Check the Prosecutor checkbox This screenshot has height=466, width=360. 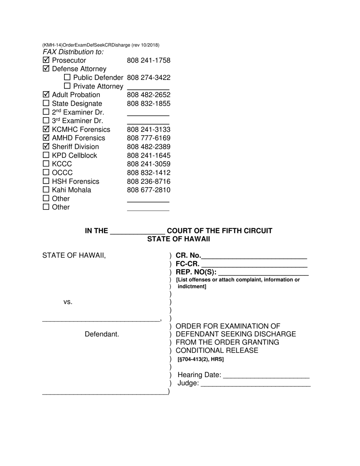(x=46, y=60)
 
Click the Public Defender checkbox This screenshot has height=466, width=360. (x=67, y=78)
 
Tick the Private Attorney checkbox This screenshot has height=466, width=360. (x=67, y=86)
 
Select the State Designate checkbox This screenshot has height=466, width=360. (x=46, y=103)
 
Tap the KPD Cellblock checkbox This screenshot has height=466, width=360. (x=46, y=155)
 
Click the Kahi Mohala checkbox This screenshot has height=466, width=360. (x=46, y=190)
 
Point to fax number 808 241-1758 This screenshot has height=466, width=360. (x=149, y=60)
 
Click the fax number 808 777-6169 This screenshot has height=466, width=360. (x=149, y=138)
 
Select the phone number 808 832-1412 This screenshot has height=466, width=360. (x=149, y=173)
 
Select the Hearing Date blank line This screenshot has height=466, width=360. (x=266, y=375)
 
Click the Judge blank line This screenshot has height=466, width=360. (x=255, y=383)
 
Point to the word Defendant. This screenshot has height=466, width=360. (x=102, y=334)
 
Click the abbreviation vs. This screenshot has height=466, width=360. (x=68, y=302)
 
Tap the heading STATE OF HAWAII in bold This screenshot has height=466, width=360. (x=178, y=239)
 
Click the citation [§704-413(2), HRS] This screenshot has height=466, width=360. (x=200, y=359)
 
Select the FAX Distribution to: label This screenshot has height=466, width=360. (x=73, y=52)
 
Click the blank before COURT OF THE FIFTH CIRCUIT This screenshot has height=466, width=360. (x=137, y=231)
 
